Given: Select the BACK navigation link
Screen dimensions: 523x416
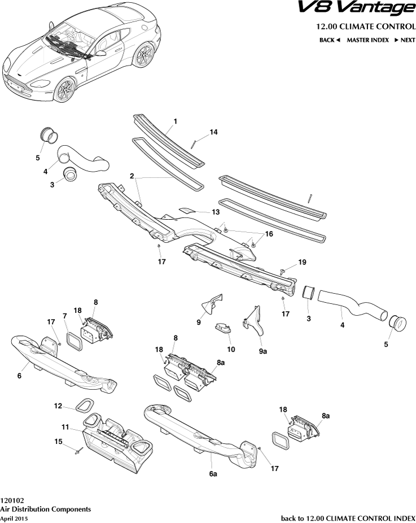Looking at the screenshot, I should [x=330, y=40].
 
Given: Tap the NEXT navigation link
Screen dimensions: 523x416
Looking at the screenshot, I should [x=405, y=40].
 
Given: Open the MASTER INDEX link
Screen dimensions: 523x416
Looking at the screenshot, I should [x=367, y=40].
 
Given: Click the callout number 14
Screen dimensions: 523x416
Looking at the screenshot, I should [x=213, y=132].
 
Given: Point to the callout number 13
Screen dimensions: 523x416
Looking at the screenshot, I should [x=216, y=212].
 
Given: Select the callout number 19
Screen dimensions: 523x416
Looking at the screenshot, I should [x=302, y=262].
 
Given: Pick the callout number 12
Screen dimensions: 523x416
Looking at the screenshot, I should [x=58, y=406].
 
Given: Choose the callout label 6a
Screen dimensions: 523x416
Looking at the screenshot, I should [x=212, y=474].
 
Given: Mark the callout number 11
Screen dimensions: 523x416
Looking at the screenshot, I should [x=65, y=428].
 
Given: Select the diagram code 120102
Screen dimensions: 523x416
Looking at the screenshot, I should [x=12, y=500].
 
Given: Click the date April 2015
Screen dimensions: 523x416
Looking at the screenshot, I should [x=14, y=518].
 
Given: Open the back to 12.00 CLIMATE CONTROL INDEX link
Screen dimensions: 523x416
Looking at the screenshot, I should [x=348, y=518].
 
